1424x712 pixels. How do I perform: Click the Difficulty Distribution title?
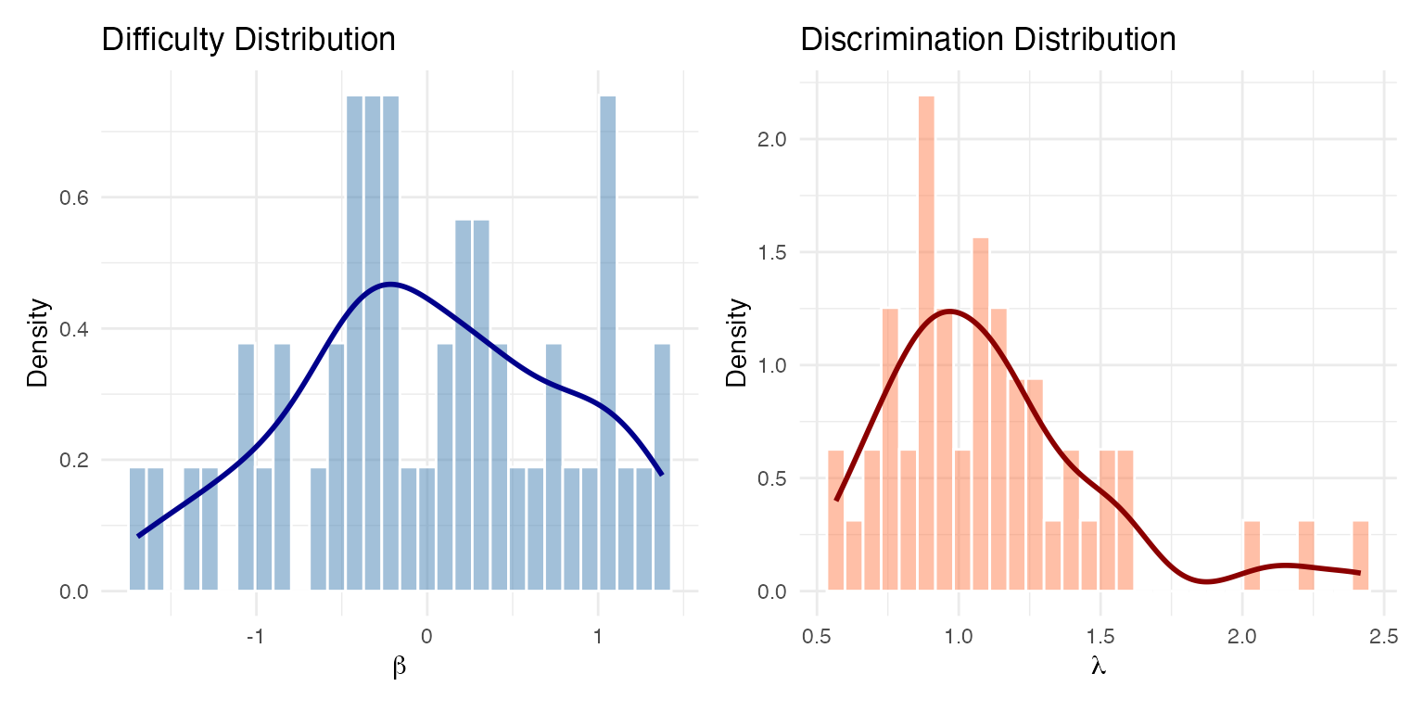[248, 40]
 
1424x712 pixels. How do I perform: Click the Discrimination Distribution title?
[988, 40]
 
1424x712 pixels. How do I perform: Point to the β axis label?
[400, 668]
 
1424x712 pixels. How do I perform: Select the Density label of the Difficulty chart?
[37, 342]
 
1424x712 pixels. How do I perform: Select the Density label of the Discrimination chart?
[738, 342]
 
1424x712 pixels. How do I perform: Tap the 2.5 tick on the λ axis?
[1383, 638]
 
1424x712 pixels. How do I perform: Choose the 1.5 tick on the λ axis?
[1100, 638]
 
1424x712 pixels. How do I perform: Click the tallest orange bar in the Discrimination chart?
[926, 343]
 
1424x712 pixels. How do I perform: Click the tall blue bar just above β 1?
[607, 343]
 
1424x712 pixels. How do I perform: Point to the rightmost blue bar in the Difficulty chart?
[662, 467]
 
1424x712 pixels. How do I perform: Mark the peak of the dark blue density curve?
[389, 284]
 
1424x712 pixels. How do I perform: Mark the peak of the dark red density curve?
[948, 311]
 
